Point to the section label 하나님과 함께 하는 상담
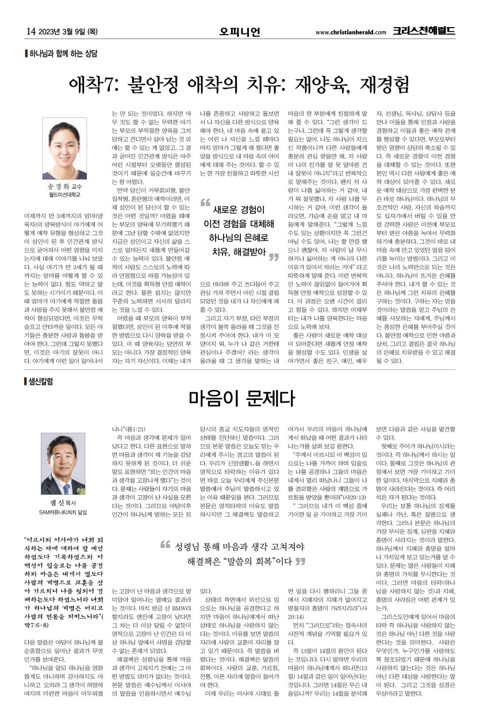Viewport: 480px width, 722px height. pyautogui.click(x=63, y=53)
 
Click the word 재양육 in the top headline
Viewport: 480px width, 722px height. pyautogui.click(x=342, y=86)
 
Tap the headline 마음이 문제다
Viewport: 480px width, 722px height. pyautogui.click(x=240, y=398)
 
